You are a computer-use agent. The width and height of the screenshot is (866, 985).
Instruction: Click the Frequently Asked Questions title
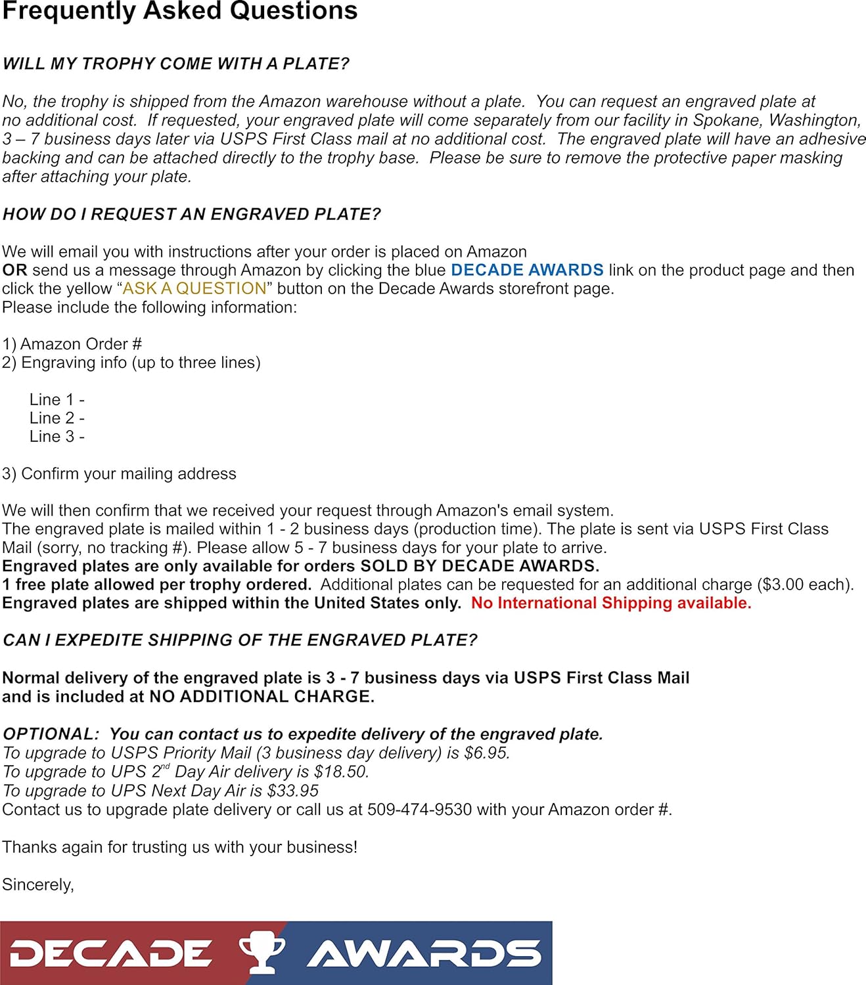coord(179,11)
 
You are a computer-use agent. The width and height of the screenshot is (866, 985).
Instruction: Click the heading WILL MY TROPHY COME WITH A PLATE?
coord(175,64)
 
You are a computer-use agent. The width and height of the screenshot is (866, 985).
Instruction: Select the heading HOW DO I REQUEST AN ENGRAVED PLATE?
coord(191,214)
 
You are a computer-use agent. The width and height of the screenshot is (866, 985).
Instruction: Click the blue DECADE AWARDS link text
coord(527,270)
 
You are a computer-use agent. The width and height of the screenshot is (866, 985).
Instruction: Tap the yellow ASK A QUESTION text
coord(194,288)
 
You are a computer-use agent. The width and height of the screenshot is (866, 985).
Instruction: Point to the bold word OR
coord(14,270)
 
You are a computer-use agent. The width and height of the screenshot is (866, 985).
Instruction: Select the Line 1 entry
coord(57,399)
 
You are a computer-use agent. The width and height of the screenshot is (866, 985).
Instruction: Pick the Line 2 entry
coord(57,418)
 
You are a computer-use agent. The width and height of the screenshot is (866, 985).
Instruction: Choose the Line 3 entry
coord(57,436)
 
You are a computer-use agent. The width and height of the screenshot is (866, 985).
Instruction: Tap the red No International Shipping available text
coord(610,603)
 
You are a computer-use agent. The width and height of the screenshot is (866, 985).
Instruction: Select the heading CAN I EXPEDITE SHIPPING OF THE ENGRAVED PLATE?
coord(240,640)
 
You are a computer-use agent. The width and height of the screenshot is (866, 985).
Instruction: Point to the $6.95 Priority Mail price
coord(486,753)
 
